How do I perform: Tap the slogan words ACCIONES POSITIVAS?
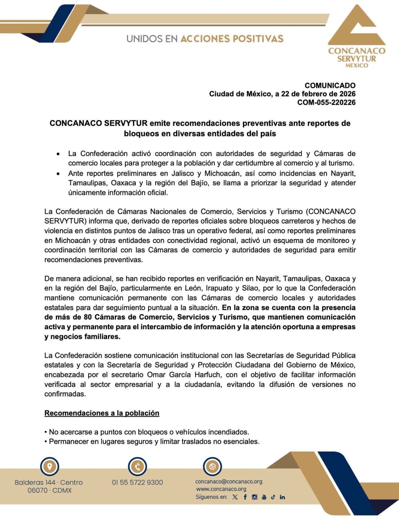coord(231,39)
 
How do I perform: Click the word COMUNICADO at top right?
coord(330,85)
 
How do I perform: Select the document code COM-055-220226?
coord(326,103)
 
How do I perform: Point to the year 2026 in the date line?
coord(347,94)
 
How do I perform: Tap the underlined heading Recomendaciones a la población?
coord(102,413)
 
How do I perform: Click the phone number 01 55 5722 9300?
coord(137,482)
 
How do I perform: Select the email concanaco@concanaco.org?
coord(229,482)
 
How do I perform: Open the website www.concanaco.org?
coord(221,489)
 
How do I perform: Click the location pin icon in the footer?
coord(50,466)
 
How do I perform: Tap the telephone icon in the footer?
coord(137,466)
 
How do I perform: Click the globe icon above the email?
coord(212,466)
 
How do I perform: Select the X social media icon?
coord(235,497)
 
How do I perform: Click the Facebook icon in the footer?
coord(245,497)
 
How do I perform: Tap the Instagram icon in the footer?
coord(254,497)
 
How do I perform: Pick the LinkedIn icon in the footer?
coord(282,497)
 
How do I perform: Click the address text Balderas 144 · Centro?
coord(49,482)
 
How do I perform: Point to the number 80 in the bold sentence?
coord(88,317)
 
